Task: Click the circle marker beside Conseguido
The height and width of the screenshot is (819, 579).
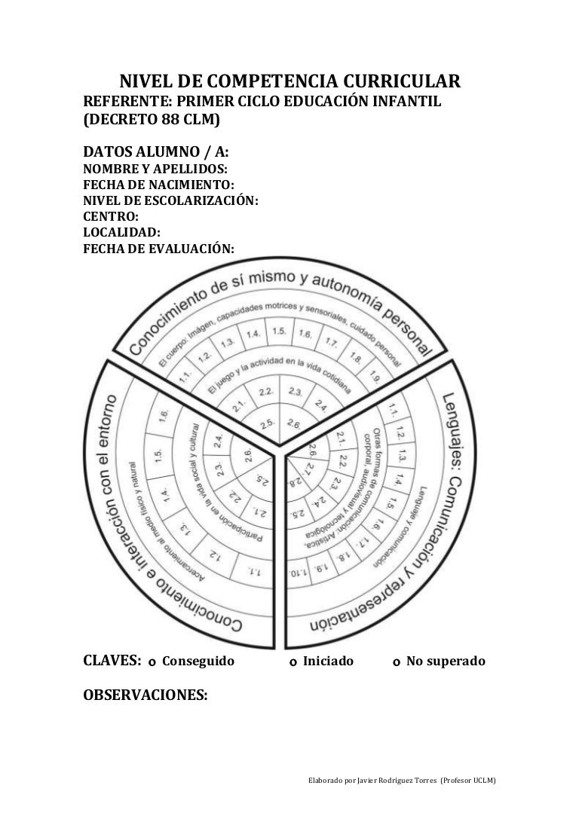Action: [152, 663]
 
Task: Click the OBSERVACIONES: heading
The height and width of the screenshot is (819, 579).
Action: [144, 695]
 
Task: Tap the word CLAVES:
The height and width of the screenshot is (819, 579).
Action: [111, 662]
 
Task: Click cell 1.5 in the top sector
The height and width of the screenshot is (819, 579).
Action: [280, 331]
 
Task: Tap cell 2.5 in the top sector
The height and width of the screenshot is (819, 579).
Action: [265, 422]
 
